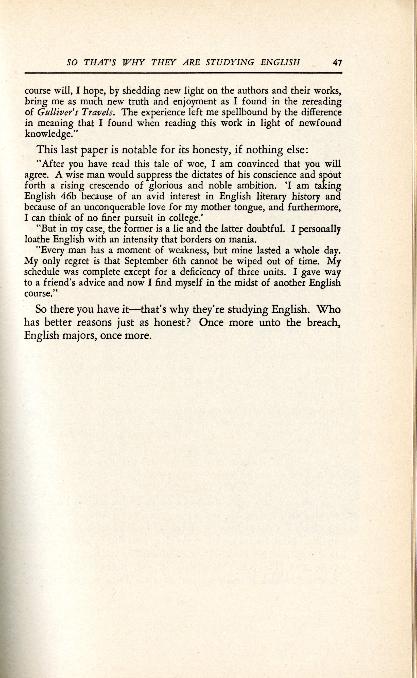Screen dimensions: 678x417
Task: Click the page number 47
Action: pyautogui.click(x=337, y=63)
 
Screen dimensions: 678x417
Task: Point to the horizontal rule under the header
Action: pyautogui.click(x=183, y=73)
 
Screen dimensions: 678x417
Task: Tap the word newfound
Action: pyautogui.click(x=320, y=123)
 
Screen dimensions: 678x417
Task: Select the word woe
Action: pyautogui.click(x=195, y=164)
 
